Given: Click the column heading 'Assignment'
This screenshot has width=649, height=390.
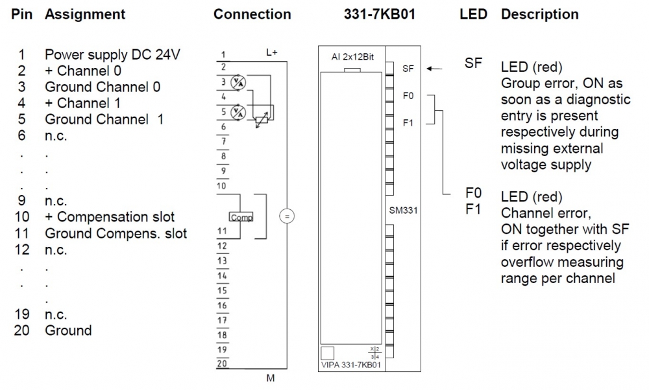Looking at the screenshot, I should (85, 14).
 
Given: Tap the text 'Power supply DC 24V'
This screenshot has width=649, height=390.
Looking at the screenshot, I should (112, 55).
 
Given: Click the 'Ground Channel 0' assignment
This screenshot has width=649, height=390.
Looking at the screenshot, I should (103, 87).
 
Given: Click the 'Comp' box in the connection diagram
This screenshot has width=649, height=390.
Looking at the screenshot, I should (241, 218).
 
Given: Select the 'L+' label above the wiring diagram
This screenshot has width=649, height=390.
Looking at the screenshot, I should (272, 52).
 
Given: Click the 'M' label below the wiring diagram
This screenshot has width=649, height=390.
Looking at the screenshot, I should (271, 378).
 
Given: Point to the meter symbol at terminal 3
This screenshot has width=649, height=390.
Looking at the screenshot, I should (238, 82).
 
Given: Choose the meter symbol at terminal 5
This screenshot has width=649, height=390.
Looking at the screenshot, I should (238, 111).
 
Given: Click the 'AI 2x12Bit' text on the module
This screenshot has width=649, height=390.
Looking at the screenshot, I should (352, 57).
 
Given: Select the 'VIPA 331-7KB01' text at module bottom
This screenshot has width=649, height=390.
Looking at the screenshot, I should (350, 365).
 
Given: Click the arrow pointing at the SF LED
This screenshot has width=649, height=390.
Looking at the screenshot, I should (435, 67).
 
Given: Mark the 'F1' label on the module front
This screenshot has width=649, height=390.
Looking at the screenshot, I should (408, 123).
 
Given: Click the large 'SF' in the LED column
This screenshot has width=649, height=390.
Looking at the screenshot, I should (474, 63).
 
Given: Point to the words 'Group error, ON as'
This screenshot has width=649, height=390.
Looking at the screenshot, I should (562, 84).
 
